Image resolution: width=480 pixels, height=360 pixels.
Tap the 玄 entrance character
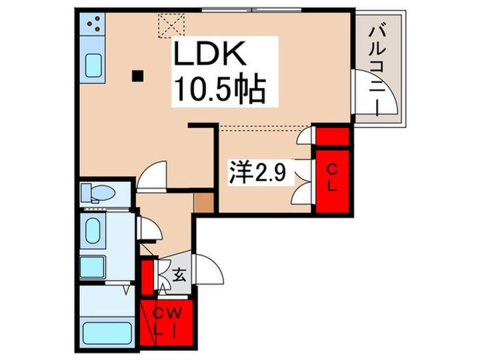click(179, 274)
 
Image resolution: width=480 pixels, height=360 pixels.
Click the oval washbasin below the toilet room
click(93, 228)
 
